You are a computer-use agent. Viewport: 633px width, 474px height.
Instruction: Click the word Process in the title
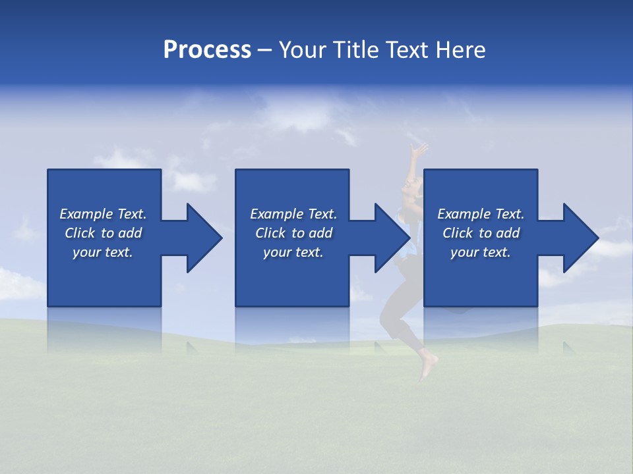coord(207,50)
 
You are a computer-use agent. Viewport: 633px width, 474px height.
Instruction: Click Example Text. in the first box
coord(103,214)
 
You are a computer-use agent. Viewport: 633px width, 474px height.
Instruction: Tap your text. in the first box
coord(103,252)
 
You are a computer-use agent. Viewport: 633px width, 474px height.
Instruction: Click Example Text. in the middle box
coord(293,214)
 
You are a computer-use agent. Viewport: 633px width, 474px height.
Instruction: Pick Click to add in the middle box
coord(293,233)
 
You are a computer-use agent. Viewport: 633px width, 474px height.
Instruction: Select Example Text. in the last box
coord(481,214)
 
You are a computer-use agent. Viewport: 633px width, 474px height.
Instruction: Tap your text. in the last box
coord(481,252)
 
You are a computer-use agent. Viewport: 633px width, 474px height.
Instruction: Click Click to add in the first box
coord(103,233)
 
